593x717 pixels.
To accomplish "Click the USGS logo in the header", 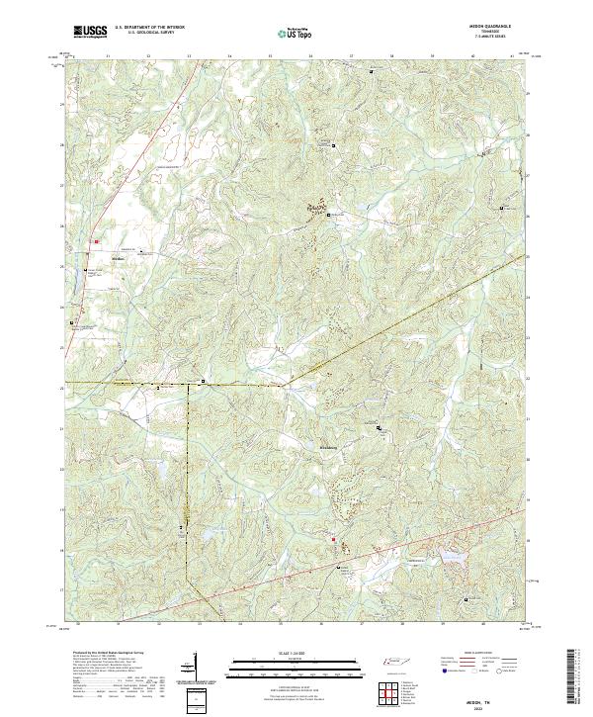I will [90, 32].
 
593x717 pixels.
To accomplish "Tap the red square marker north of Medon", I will [97, 240].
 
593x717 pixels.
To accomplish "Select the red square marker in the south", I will [333, 539].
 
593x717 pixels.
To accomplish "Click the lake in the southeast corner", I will [454, 561].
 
